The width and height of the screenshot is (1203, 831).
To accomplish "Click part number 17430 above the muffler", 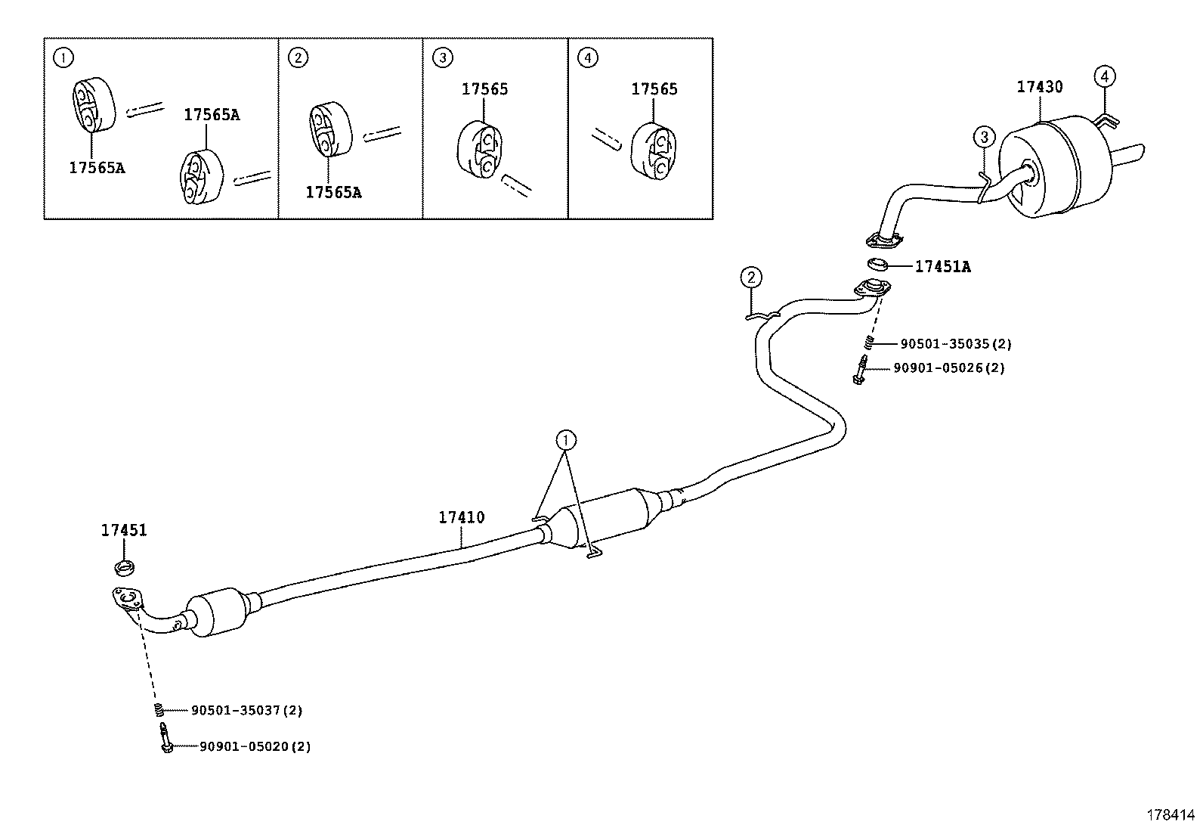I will [x=1039, y=87].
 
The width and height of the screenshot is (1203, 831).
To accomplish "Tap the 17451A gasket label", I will [x=942, y=266].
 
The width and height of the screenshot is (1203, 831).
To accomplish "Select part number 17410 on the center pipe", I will [x=461, y=518].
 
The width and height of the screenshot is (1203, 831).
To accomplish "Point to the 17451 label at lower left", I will [x=124, y=531].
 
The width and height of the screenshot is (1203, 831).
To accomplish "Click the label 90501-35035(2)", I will [x=955, y=344].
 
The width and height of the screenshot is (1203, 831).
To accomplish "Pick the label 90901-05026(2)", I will [x=948, y=368].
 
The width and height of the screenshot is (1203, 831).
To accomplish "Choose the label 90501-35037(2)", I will [x=246, y=711].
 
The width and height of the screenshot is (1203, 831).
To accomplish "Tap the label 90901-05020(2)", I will [x=255, y=747].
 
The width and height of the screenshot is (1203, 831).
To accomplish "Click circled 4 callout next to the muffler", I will [x=1104, y=76].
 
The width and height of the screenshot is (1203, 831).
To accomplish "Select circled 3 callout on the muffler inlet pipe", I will [x=984, y=137].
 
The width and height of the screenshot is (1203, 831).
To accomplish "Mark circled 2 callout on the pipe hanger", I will [x=750, y=278].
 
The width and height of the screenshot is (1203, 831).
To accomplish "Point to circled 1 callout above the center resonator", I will [x=566, y=439].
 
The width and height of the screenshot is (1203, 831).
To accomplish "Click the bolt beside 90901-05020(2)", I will [x=165, y=738].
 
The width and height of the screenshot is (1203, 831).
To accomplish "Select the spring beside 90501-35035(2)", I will [x=869, y=344].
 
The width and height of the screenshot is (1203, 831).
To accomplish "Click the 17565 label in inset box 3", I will [x=484, y=89].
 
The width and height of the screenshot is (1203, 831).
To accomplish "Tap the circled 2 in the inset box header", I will [x=298, y=57].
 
